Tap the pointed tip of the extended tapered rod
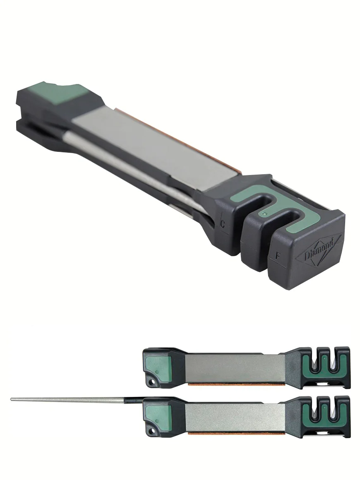click(x=11, y=399)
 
